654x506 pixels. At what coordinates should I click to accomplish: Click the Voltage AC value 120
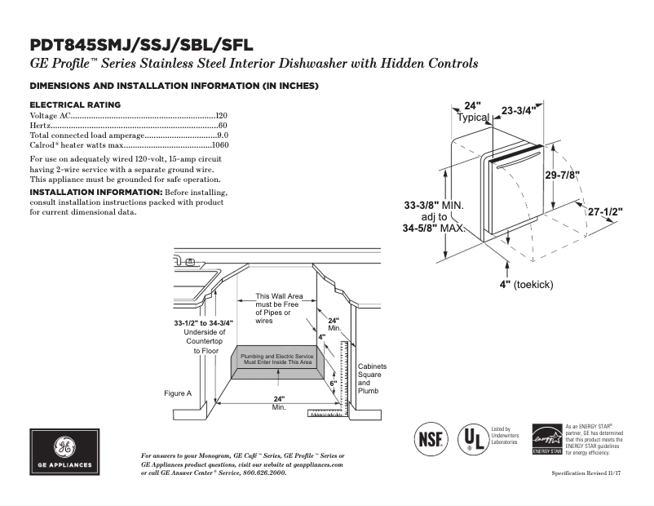click(x=221, y=117)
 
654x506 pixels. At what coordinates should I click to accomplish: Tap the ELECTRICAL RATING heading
click(x=74, y=104)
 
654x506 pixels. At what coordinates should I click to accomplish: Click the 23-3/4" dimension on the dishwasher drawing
click(x=519, y=110)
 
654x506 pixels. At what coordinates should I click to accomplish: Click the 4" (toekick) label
click(x=526, y=284)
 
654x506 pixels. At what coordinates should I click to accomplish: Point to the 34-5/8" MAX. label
click(x=433, y=229)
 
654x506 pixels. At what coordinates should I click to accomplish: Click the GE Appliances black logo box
click(x=64, y=452)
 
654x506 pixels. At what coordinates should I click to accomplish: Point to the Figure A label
click(x=177, y=393)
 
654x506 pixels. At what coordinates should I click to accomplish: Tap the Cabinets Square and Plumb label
click(x=372, y=379)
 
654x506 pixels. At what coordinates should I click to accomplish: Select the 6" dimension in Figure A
click(x=333, y=382)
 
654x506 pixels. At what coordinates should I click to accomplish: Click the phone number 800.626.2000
click(x=264, y=473)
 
